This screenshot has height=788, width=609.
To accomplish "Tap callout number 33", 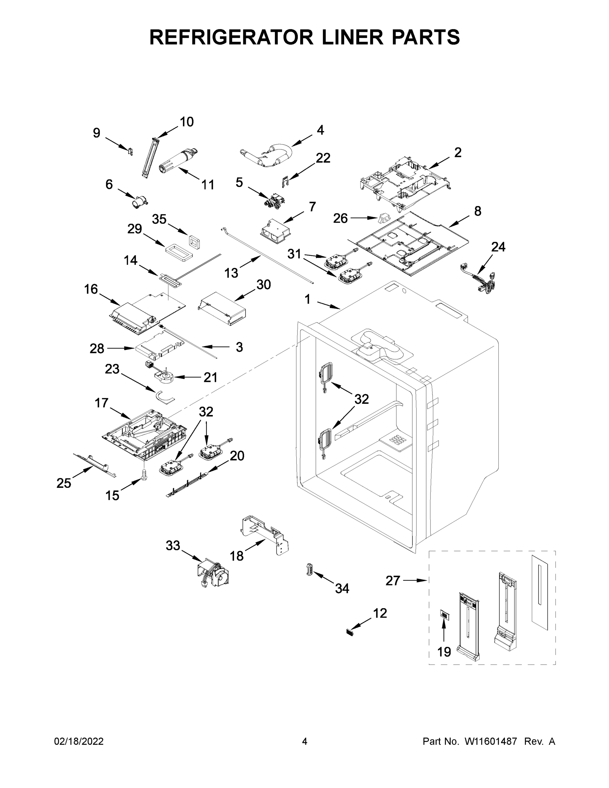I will tap(173, 546).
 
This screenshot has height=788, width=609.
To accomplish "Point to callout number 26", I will tap(340, 218).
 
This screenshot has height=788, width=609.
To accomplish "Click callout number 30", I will tap(263, 285).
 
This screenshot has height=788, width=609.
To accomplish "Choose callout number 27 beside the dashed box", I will tap(393, 580).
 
